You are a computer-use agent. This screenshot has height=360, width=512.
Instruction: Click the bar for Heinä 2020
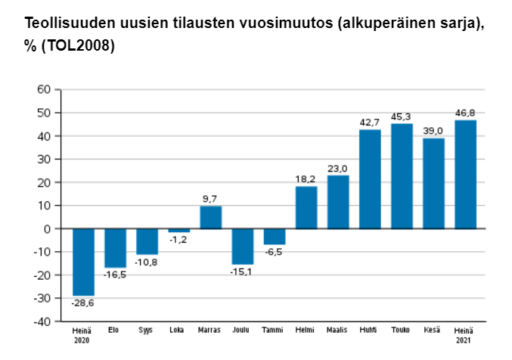[83, 262]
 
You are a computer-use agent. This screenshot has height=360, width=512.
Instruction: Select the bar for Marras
[210, 217]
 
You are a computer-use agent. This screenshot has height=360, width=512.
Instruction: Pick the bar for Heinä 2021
[465, 175]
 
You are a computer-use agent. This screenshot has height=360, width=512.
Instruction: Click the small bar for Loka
[178, 230]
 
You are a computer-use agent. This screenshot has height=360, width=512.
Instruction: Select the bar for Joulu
[242, 246]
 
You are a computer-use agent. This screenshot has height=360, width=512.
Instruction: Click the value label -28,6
[82, 303]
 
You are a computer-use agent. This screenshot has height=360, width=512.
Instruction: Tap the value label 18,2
[306, 178]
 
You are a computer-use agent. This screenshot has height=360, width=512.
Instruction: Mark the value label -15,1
[242, 272]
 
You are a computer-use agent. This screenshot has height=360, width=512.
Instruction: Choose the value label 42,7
[370, 122]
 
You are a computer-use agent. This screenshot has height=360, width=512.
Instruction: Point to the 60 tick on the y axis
[44, 89]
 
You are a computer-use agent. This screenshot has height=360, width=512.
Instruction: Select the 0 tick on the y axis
[48, 228]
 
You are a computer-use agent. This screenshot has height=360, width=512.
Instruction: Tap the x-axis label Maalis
[337, 331]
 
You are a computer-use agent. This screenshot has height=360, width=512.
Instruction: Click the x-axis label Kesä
[433, 331]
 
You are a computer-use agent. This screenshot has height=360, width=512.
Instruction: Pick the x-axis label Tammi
[274, 331]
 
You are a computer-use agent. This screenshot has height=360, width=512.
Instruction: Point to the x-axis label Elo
[115, 331]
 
